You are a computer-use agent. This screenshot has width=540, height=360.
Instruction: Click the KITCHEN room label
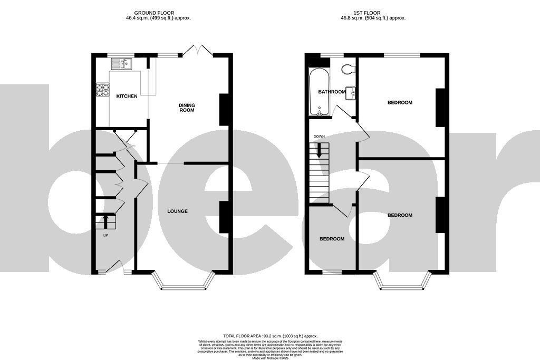coord(127,96)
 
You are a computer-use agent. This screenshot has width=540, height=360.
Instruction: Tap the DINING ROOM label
coord(187,108)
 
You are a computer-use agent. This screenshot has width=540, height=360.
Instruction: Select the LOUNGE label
coord(177,211)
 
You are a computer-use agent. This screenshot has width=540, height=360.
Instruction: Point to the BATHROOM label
coord(332,92)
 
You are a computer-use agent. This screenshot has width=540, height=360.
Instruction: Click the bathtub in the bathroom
coord(319,92)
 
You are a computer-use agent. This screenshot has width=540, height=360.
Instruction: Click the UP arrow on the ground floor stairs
coord(105,220)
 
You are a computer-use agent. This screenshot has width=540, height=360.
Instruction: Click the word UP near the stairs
coord(105,236)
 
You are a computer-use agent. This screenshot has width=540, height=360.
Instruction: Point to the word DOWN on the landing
coord(319,137)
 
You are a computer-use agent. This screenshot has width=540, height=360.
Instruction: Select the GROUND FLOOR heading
coord(154,13)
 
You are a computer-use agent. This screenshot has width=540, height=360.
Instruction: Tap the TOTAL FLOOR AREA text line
coord(269,335)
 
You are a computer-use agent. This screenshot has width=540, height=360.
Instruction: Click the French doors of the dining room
coord(197,51)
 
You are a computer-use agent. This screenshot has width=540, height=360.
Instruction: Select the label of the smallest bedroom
coord(332,239)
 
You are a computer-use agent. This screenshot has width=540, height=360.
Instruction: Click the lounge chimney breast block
coord(224,217)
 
